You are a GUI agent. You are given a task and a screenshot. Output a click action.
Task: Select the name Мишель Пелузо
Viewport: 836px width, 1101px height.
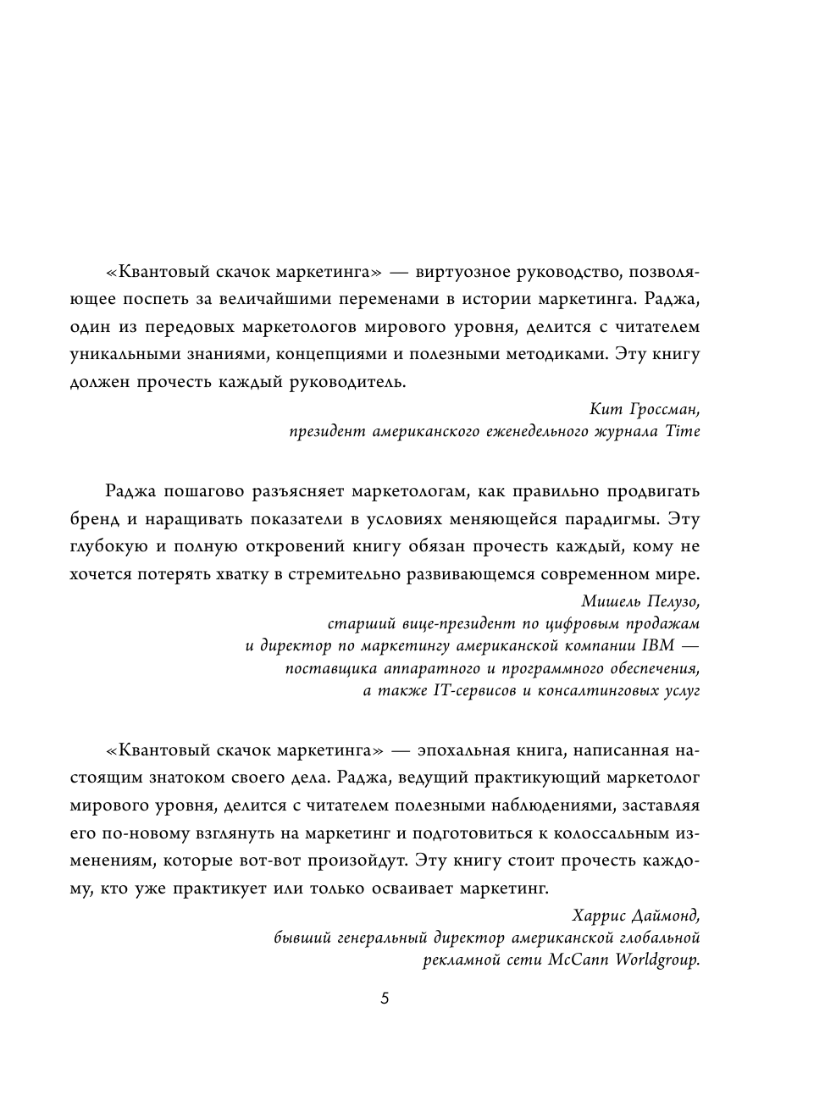tap(642, 601)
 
